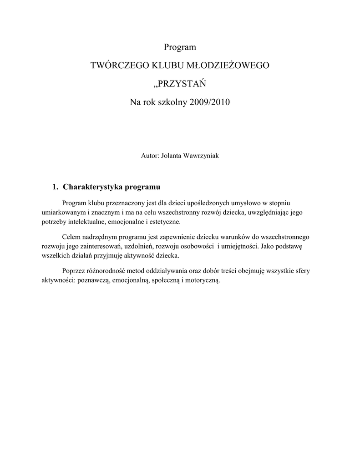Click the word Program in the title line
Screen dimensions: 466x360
pos(180,47)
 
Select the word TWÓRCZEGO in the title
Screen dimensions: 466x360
pos(117,66)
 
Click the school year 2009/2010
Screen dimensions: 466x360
pos(211,103)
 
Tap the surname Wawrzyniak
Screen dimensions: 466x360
pos(201,156)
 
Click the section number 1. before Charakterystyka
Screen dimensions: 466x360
pos(56,187)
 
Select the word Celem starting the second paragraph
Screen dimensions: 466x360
pos(71,237)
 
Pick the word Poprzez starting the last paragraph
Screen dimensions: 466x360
pos(73,271)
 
